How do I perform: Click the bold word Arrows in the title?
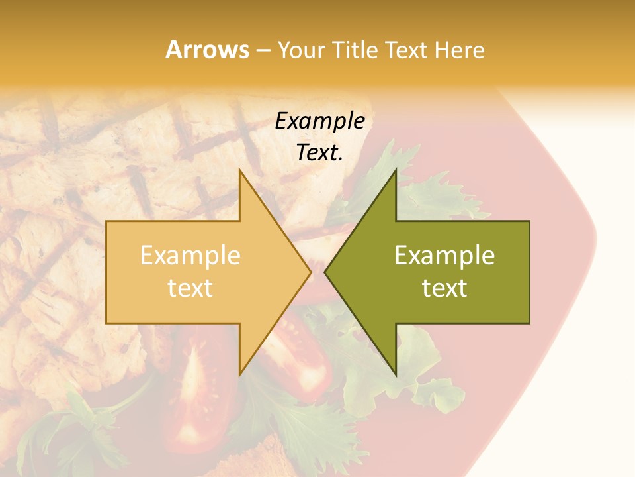click(x=207, y=50)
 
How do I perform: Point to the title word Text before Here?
click(x=408, y=50)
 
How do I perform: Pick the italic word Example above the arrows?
click(x=319, y=121)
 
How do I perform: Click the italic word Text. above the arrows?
click(x=319, y=153)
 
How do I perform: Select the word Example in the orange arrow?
click(x=190, y=256)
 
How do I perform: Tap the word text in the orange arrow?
click(x=190, y=288)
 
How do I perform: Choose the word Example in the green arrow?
click(x=444, y=256)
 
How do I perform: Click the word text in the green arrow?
click(x=444, y=288)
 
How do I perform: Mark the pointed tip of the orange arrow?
click(x=310, y=272)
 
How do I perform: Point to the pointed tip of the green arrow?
click(x=325, y=272)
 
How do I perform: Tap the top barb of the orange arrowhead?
click(x=240, y=171)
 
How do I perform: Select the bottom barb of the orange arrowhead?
click(x=240, y=374)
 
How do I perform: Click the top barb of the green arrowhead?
click(x=396, y=171)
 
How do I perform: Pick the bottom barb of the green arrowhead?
click(x=396, y=374)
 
